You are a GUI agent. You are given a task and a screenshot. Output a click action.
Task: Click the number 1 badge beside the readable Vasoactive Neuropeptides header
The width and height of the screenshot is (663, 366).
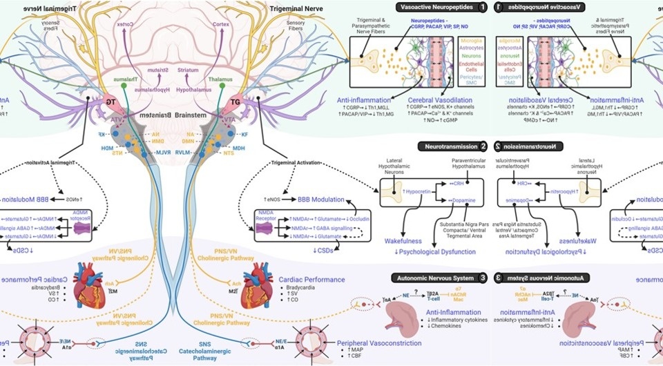tap(482, 8)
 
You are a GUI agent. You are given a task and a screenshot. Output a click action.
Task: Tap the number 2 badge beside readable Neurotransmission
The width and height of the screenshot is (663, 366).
tap(483, 146)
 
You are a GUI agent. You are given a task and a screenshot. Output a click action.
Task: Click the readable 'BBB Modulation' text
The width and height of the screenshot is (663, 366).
tap(317, 200)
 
